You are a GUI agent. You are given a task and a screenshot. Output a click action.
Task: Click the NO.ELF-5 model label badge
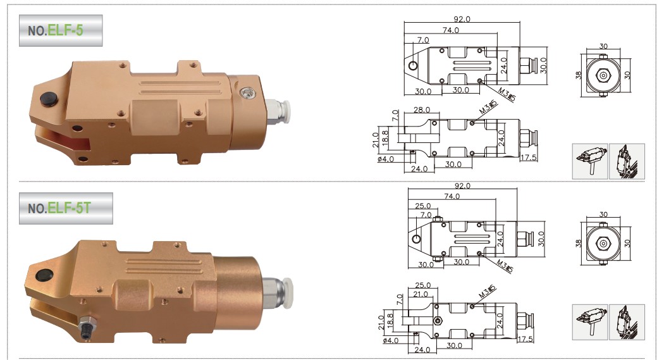[x=61, y=30]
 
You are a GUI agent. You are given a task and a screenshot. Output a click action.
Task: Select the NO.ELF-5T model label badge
[x=66, y=208]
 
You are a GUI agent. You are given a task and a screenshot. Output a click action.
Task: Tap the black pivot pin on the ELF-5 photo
[x=48, y=99]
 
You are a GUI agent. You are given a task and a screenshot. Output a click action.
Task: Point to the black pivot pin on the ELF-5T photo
[x=44, y=275]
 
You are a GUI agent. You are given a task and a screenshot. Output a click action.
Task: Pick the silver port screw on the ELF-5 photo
[x=246, y=92]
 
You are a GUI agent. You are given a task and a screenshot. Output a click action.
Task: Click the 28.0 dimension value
[x=422, y=109]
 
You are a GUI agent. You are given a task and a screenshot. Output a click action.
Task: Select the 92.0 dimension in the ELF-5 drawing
[x=462, y=19]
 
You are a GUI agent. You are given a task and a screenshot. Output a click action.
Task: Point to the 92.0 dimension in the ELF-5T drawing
[x=462, y=186]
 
